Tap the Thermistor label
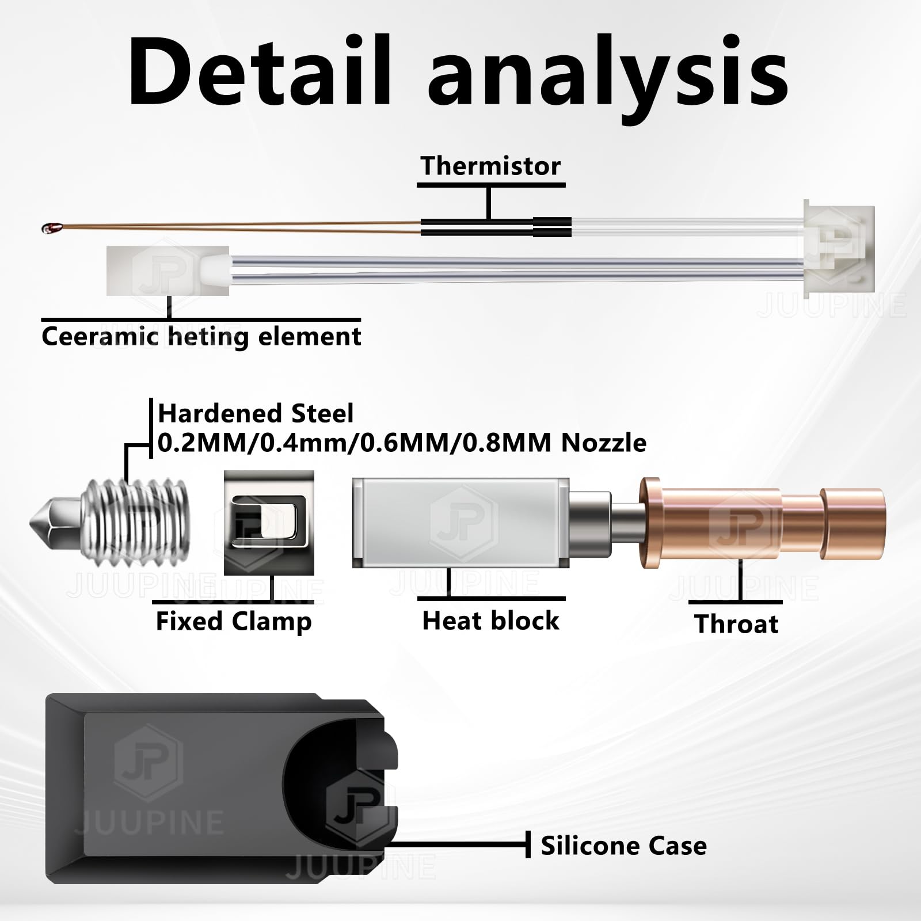point(490,166)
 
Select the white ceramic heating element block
point(167,271)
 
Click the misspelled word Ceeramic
point(99,337)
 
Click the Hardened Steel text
point(256,413)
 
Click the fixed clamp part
point(269,523)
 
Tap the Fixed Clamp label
point(234,622)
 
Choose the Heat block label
point(490,621)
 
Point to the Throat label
point(736,624)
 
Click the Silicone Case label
point(623,846)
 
